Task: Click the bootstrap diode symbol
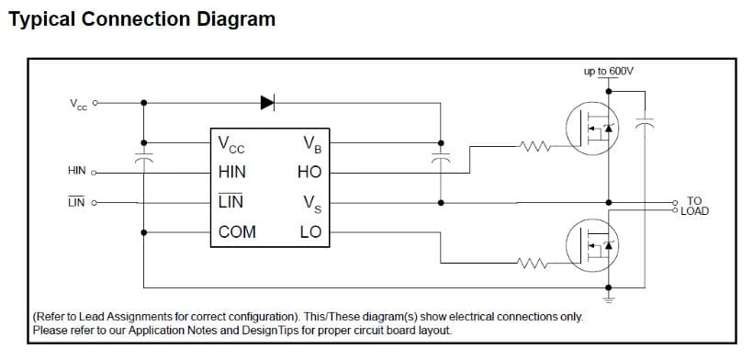(x=267, y=102)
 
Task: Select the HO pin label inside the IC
(x=309, y=173)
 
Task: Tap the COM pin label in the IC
(x=237, y=232)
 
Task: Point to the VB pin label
(x=312, y=144)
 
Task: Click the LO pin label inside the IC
(x=310, y=232)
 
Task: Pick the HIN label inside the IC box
(x=232, y=173)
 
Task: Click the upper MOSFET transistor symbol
(x=592, y=129)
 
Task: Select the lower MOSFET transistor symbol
(x=592, y=245)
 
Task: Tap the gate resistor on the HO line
(x=535, y=146)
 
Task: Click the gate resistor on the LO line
(x=532, y=263)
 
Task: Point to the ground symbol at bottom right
(x=609, y=299)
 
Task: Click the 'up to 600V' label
(x=609, y=72)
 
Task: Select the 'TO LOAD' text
(x=694, y=206)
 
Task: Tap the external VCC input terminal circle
(x=96, y=103)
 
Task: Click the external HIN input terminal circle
(x=94, y=173)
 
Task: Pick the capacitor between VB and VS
(x=441, y=158)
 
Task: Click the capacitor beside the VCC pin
(x=143, y=158)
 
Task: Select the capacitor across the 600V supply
(x=645, y=122)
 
